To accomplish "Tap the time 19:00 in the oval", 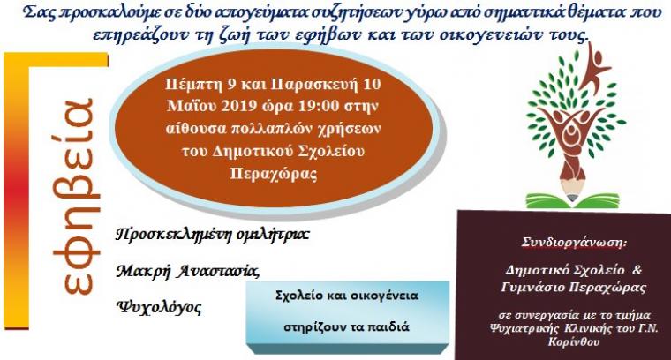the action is (x=318, y=106).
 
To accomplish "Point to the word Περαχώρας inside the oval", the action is (x=274, y=175).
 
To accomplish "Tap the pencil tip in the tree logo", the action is (x=572, y=198).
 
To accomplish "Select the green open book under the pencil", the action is (x=572, y=200).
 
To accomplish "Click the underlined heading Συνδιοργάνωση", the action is (x=574, y=243).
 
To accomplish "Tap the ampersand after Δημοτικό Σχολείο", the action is (x=637, y=270).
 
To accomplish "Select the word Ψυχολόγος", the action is (x=159, y=307).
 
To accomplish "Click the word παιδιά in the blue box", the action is (x=388, y=327).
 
